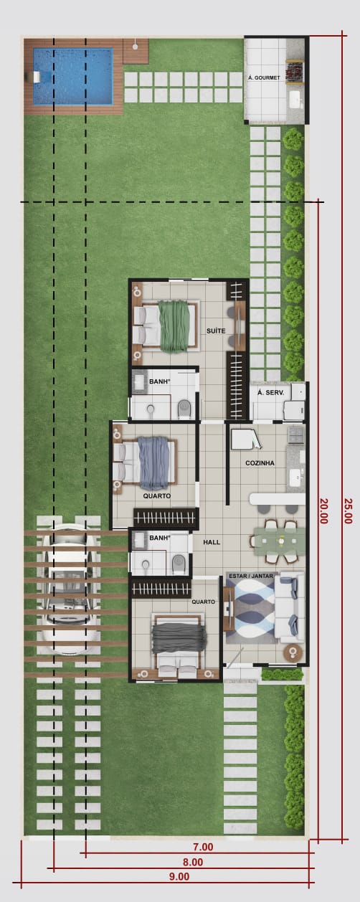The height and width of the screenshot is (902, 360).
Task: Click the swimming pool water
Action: point(72,77)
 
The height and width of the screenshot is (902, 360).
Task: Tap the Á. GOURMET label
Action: point(264,77)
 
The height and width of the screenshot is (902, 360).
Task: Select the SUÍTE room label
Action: point(216,331)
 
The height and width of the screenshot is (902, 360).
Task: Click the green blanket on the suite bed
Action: point(174,326)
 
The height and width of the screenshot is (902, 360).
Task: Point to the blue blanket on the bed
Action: point(154,463)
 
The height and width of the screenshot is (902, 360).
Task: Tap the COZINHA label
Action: point(260,463)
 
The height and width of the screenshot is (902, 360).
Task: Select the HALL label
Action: point(212,542)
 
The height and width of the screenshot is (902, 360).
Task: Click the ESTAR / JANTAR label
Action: point(251,576)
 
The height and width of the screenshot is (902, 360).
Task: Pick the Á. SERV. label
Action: point(271,393)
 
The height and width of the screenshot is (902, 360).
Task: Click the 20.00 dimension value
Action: point(323,511)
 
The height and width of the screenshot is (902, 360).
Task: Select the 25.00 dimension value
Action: point(349,511)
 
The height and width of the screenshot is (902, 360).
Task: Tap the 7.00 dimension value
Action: point(203,848)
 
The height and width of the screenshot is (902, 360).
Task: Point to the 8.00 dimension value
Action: point(193,862)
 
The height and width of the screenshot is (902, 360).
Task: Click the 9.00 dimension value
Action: point(179,876)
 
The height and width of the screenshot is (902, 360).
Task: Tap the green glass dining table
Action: point(278,542)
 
